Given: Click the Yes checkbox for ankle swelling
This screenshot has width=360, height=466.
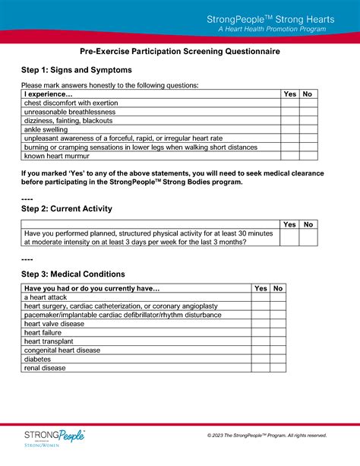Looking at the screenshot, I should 289,129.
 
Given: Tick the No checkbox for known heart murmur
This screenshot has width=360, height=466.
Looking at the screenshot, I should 308,156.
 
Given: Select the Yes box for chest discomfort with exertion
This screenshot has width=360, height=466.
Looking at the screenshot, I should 289,103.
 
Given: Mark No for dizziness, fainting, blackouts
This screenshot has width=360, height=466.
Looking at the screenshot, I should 308,120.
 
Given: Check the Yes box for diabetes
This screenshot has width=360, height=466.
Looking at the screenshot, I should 261,359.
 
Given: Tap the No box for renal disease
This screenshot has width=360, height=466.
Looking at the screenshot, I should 278,368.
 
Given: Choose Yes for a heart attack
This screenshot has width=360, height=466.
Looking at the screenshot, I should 261,297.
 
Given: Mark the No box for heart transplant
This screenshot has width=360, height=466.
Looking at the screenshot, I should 278,341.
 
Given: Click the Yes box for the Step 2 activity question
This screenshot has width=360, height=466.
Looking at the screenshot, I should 289,237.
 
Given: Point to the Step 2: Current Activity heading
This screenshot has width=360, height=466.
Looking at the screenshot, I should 67,208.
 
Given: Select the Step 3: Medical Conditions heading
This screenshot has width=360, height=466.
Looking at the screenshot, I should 73,274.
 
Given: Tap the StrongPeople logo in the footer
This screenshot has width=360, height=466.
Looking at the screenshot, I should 54,439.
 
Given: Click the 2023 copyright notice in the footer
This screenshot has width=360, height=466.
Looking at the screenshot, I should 267,436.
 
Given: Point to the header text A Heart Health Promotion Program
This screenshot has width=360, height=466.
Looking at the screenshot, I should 272,29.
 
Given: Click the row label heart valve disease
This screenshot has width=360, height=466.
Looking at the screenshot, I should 55,324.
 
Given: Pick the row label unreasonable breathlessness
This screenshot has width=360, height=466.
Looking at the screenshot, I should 70,112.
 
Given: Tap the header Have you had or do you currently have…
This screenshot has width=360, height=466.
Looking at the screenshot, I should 93,289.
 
